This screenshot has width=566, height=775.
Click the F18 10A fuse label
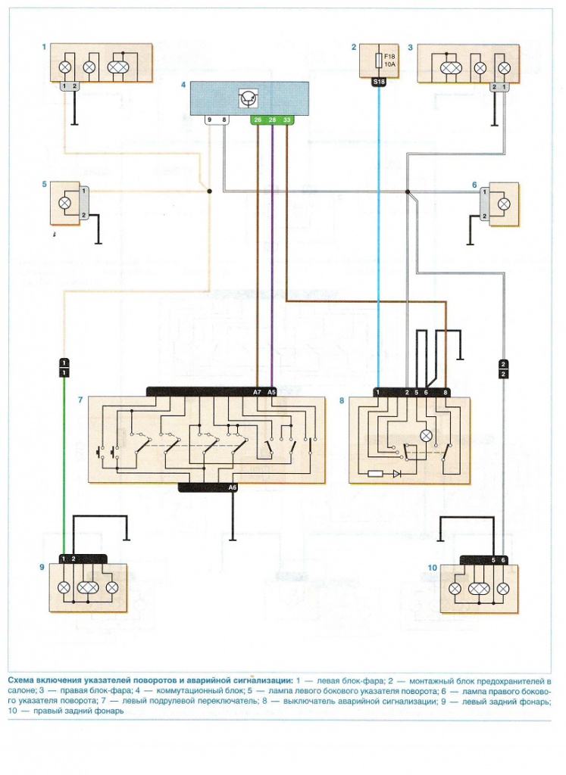(x=390, y=61)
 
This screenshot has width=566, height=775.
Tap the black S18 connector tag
(x=379, y=82)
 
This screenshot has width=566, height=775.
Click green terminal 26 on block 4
(x=258, y=120)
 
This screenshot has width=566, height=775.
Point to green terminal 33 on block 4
(x=287, y=120)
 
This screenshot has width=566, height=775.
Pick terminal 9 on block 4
(x=210, y=120)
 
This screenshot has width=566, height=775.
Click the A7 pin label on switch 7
(x=257, y=392)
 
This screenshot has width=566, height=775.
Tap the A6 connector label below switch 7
(x=232, y=487)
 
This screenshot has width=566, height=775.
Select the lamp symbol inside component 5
(x=64, y=203)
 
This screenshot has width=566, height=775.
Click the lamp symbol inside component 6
(x=504, y=204)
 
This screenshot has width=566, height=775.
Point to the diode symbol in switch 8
(x=397, y=474)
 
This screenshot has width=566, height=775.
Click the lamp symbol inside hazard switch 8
(x=426, y=435)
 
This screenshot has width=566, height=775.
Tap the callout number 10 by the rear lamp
(x=432, y=568)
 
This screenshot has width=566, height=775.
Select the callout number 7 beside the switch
(x=80, y=400)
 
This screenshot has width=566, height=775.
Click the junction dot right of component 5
(x=209, y=191)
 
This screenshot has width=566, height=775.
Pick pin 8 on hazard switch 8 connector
(x=446, y=393)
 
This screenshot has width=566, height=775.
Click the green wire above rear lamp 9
(x=64, y=465)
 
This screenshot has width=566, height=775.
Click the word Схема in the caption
(x=20, y=680)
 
